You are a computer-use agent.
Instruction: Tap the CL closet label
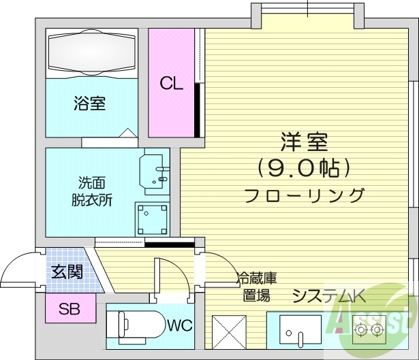coord(171,84)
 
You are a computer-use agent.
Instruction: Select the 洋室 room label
coord(304,142)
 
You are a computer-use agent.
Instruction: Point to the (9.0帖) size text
coord(304,167)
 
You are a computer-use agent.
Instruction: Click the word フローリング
coord(304,196)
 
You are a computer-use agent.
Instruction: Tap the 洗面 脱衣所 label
coord(91,191)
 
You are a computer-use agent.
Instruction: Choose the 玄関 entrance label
coord(67,272)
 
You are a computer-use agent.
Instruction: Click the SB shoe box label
coord(68,310)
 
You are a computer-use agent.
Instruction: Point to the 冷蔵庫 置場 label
coord(256,287)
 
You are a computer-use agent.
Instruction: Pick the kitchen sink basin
coord(297,332)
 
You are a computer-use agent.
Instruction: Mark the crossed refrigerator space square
coord(230,331)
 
